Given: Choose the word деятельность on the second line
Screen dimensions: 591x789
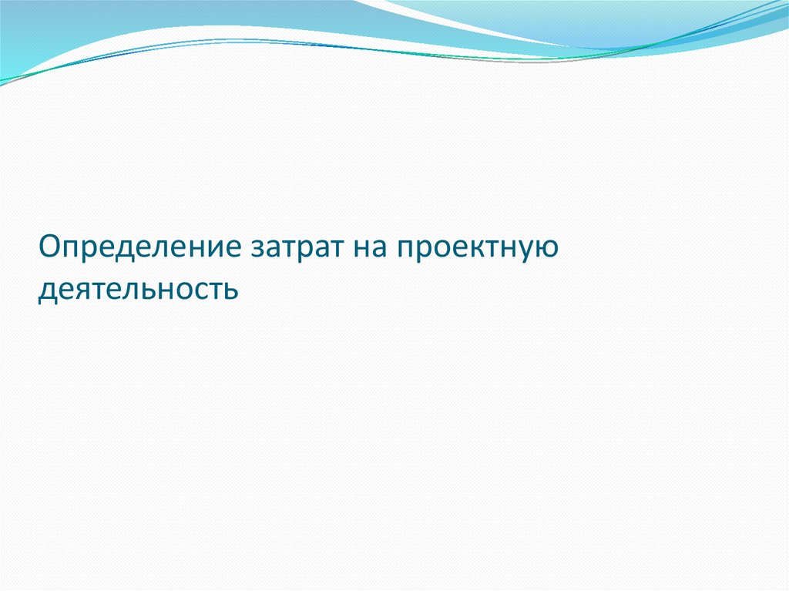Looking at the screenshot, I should point(139,290).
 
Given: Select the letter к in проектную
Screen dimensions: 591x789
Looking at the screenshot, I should point(470,250).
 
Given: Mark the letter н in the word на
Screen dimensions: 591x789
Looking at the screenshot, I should point(362,250).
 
